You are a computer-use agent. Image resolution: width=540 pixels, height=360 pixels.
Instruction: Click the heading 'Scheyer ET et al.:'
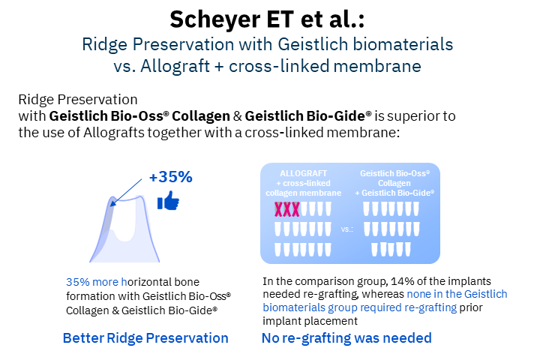tap(267, 19)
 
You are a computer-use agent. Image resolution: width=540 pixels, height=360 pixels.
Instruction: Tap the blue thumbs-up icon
tap(168, 200)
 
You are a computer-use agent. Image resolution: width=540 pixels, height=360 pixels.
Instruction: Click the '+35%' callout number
tap(171, 177)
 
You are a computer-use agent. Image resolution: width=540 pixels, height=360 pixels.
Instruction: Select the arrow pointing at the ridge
tap(126, 192)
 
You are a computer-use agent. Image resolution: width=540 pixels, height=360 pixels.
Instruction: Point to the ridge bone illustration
tap(124, 229)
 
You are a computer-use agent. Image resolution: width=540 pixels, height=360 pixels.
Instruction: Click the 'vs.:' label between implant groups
tap(347, 229)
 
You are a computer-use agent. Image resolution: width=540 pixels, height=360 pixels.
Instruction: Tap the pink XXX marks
tap(286, 209)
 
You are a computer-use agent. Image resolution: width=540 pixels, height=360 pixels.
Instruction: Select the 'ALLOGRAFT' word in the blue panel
tap(303, 173)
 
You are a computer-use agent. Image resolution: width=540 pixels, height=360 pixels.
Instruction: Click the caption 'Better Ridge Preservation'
tap(145, 338)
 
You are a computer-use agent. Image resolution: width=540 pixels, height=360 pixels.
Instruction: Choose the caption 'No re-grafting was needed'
tap(346, 338)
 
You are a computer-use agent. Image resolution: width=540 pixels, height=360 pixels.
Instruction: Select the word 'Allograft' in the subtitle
tap(175, 66)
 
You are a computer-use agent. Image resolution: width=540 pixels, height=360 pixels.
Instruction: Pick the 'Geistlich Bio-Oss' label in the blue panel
tap(394, 173)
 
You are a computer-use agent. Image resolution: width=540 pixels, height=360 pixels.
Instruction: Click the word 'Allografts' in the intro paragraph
tap(114, 133)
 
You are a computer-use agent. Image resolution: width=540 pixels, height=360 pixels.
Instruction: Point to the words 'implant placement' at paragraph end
tap(310, 321)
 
